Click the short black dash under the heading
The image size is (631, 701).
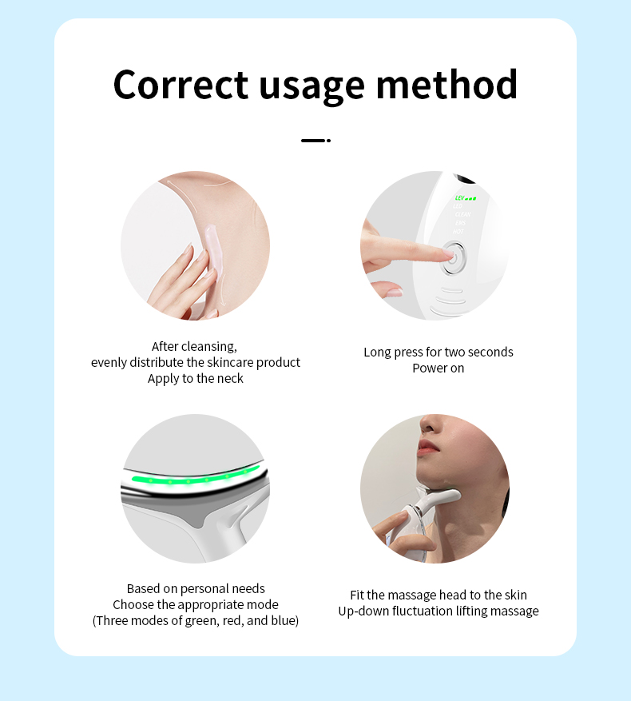pyautogui.click(x=315, y=141)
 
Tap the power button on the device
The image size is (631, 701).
pyautogui.click(x=453, y=258)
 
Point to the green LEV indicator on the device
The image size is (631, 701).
pyautogui.click(x=465, y=198)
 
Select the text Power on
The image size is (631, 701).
pyautogui.click(x=438, y=368)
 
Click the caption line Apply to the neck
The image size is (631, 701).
pyautogui.click(x=196, y=378)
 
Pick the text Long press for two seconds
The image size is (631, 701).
pyautogui.click(x=438, y=352)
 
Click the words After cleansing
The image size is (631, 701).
pyautogui.click(x=195, y=346)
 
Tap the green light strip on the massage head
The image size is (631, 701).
pyautogui.click(x=188, y=480)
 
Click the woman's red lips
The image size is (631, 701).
pyautogui.click(x=428, y=447)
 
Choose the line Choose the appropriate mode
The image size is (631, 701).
pyautogui.click(x=196, y=604)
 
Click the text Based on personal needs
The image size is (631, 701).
pyautogui.click(x=196, y=588)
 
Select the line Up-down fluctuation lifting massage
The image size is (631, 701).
pyautogui.click(x=438, y=611)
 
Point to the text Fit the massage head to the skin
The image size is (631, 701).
pyautogui.click(x=438, y=595)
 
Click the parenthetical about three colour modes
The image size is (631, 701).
pyautogui.click(x=196, y=620)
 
